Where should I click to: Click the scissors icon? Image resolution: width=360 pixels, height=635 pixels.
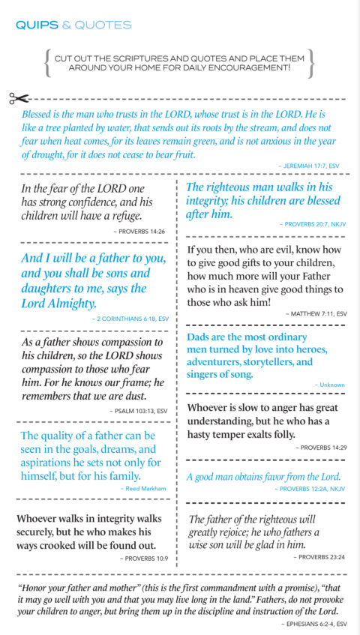pyautogui.click(x=19, y=99)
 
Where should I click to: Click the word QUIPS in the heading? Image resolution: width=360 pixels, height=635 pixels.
pyautogui.click(x=36, y=25)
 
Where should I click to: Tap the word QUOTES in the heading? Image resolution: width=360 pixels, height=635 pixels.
pyautogui.click(x=104, y=25)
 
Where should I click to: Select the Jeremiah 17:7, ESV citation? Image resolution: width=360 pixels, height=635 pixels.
pyautogui.click(x=312, y=163)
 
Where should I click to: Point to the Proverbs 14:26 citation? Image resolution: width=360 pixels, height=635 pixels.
pyautogui.click(x=137, y=232)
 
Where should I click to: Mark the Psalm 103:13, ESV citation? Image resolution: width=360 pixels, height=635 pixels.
pyautogui.click(x=139, y=411)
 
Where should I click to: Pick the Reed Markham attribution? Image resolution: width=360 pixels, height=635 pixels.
pyautogui.click(x=143, y=488)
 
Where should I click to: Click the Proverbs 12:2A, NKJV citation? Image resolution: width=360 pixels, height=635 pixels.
pyautogui.click(x=310, y=488)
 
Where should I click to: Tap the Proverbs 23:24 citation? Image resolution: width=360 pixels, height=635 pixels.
pyautogui.click(x=320, y=557)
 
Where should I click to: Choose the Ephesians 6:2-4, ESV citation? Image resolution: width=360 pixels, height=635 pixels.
pyautogui.click(x=313, y=624)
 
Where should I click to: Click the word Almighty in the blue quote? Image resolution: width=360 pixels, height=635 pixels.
pyautogui.click(x=68, y=304)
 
